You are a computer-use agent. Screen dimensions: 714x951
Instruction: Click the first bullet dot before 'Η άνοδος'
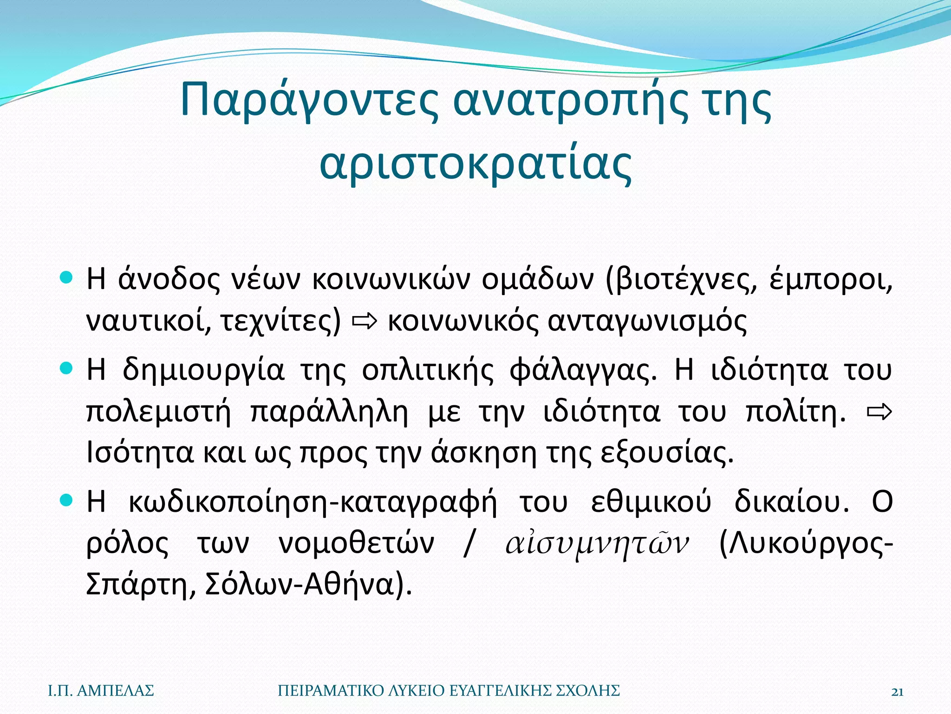67,278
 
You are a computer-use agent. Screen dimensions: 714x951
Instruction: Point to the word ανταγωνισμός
647,321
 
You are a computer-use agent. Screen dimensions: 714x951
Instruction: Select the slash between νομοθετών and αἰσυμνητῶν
469,543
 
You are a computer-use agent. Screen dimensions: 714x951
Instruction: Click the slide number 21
897,692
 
